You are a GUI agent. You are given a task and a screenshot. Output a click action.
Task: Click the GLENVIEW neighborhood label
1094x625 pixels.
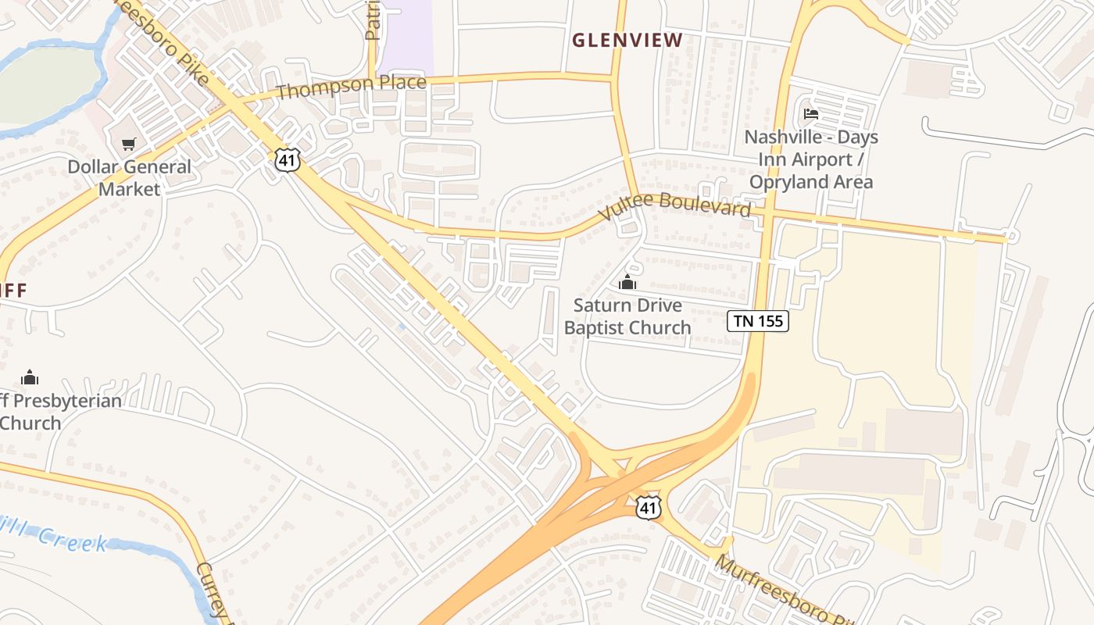627,40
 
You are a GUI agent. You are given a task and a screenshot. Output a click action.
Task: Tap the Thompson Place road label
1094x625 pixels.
351,87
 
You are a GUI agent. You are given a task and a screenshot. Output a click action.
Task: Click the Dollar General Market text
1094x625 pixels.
129,178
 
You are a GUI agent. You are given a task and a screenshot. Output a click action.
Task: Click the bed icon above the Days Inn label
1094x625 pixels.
811,114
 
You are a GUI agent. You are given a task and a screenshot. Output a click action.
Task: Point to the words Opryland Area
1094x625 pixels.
811,182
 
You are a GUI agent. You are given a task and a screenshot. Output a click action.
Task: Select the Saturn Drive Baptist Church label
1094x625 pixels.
627,316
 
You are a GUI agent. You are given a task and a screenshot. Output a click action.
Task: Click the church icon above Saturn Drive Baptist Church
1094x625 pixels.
627,282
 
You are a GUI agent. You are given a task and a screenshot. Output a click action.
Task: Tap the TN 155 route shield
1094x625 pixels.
758,320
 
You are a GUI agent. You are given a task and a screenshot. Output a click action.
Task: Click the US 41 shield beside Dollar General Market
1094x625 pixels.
286,159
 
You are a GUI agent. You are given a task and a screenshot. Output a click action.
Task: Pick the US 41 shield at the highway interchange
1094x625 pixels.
648,506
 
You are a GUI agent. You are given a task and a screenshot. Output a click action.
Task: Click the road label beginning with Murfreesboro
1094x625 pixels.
781,591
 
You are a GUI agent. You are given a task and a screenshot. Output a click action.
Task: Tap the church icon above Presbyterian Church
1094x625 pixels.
30,377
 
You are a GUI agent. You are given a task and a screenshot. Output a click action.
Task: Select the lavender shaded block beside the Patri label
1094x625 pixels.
406,35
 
